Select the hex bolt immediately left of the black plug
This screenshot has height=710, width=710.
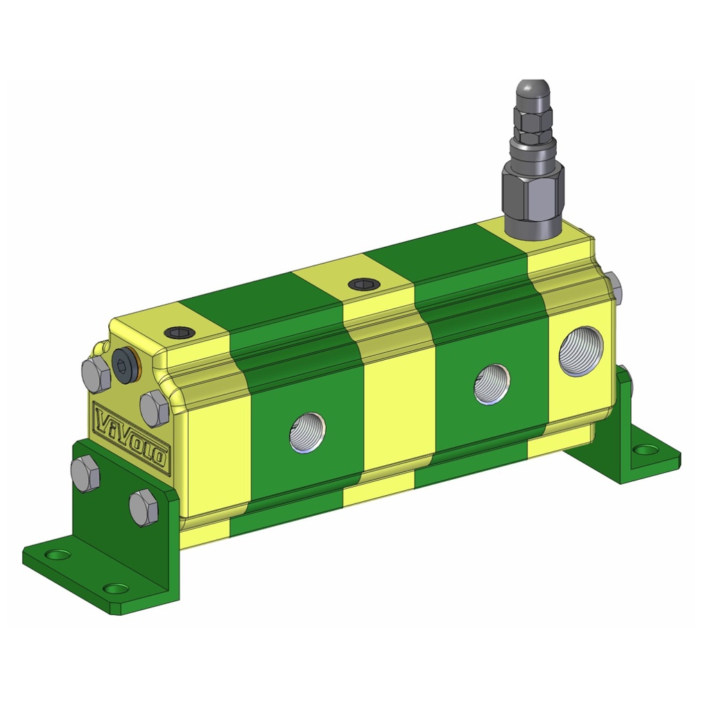point(96,375)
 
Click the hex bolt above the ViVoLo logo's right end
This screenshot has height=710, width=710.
point(154,408)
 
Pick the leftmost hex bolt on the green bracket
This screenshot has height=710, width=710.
point(85,474)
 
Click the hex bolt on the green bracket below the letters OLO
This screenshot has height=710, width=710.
point(144,507)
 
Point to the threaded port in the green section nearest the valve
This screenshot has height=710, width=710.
point(492,384)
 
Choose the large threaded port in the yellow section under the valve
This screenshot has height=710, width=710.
point(581,351)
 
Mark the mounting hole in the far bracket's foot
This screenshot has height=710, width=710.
point(646,450)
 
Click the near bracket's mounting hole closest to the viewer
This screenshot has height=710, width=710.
point(115,589)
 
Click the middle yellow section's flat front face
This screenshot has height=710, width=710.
point(388,423)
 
